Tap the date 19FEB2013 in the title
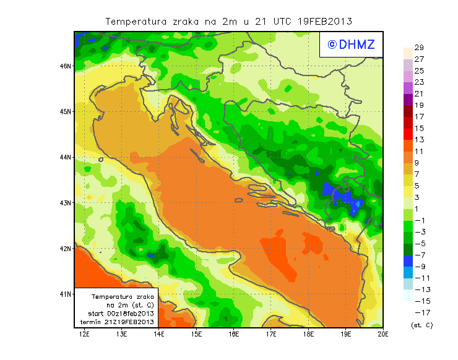point(326,21)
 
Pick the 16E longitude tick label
point(234,335)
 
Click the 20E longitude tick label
point(383,335)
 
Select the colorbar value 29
point(419,48)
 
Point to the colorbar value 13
point(419,140)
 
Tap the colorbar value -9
point(419,267)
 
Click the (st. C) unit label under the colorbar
point(421,325)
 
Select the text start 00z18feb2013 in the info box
point(118,314)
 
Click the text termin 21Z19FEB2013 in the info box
point(118,322)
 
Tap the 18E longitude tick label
point(308,335)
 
